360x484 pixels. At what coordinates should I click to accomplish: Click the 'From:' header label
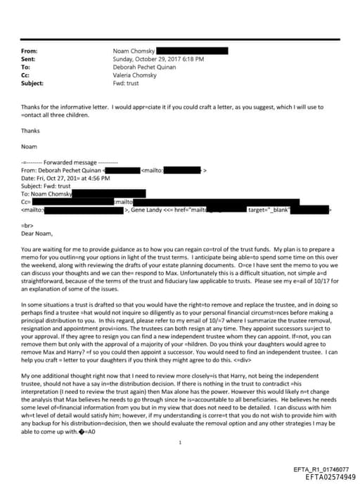point(30,51)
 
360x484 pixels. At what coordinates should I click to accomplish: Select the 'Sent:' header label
point(29,59)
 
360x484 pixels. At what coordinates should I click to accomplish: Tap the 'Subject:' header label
point(32,82)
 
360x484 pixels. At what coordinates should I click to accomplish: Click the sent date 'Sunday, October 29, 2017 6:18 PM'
point(158,59)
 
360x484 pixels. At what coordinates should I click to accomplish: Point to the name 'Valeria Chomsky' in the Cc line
point(134,75)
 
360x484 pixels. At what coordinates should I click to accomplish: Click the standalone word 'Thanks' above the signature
point(31,130)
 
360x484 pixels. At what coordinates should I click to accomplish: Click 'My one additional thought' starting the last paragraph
point(53,375)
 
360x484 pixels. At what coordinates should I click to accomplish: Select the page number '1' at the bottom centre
point(181,423)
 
